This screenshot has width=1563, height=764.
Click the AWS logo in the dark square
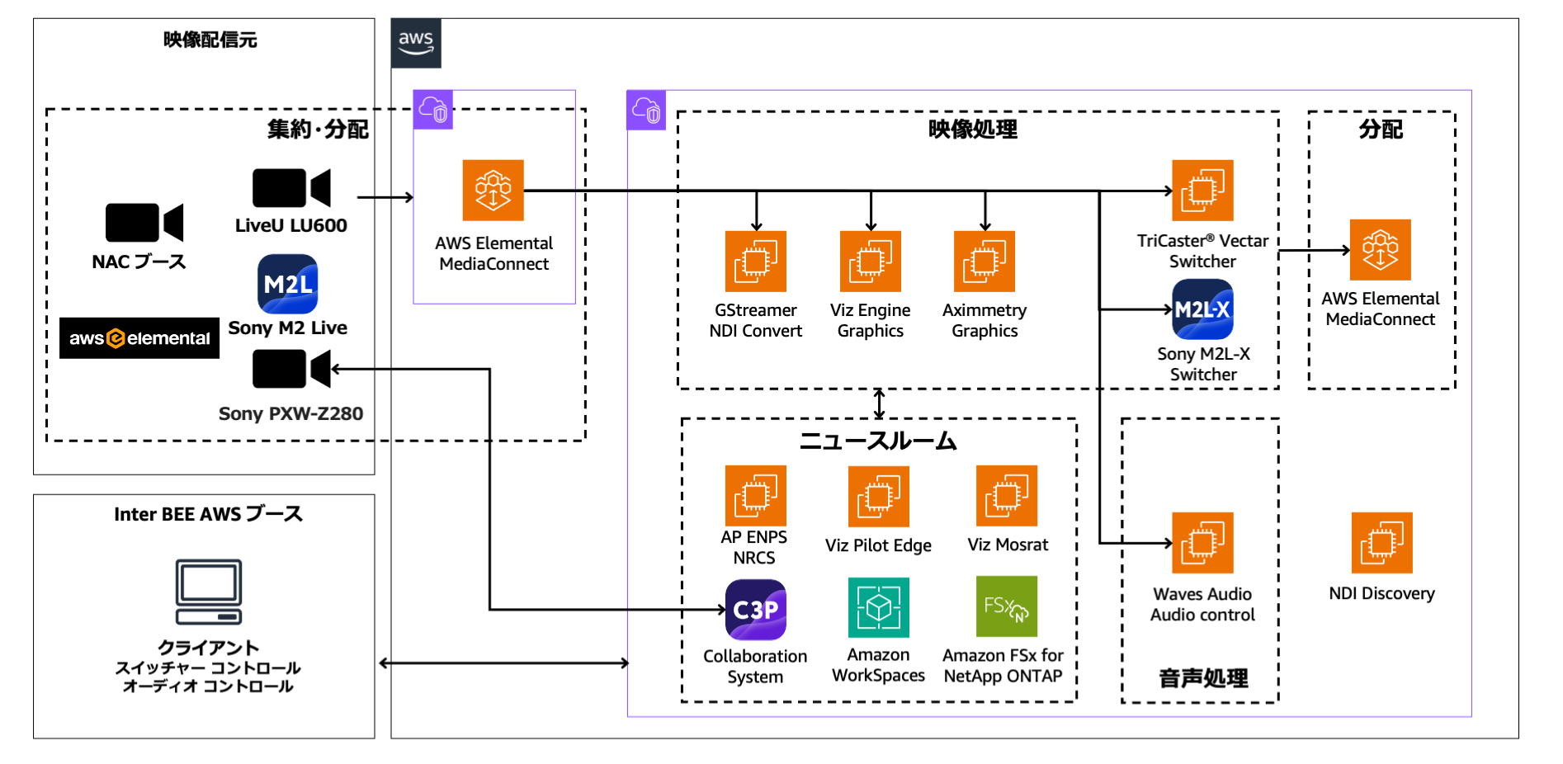pyautogui.click(x=416, y=43)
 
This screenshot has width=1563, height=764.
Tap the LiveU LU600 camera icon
pyautogui.click(x=290, y=188)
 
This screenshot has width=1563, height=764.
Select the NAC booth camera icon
pyautogui.click(x=144, y=222)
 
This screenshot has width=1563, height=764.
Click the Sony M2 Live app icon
pyautogui.click(x=287, y=284)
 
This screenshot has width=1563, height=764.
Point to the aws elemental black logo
pyautogui.click(x=139, y=338)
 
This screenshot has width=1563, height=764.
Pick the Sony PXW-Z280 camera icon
pyautogui.click(x=290, y=369)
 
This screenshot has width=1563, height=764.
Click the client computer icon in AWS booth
pyautogui.click(x=209, y=592)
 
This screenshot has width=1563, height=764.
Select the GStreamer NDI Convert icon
pyautogui.click(x=756, y=262)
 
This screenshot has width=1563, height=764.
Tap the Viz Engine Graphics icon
pyautogui.click(x=871, y=262)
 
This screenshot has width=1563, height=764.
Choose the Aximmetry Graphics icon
pyautogui.click(x=985, y=262)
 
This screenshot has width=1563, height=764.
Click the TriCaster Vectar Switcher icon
pyautogui.click(x=1202, y=191)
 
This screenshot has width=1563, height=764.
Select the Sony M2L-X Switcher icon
pyautogui.click(x=1202, y=309)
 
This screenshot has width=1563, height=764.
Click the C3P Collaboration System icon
pyautogui.click(x=756, y=610)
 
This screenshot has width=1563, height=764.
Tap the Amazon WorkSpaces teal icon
pyautogui.click(x=878, y=608)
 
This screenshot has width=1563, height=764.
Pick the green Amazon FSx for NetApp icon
pyautogui.click(x=1006, y=606)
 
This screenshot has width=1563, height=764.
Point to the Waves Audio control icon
pyautogui.click(x=1202, y=543)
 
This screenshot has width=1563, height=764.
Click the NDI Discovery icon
pyautogui.click(x=1381, y=543)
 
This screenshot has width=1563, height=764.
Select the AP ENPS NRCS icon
pyautogui.click(x=756, y=496)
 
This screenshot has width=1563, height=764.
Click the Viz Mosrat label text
pyautogui.click(x=1008, y=545)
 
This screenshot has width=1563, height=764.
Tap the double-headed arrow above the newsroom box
pyautogui.click(x=880, y=404)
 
